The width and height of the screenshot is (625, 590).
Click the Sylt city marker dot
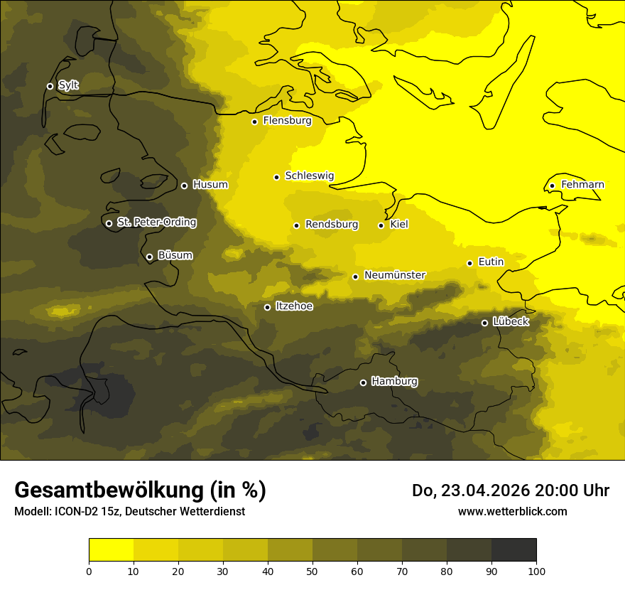(x=50, y=86)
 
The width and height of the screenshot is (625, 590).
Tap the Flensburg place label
(x=287, y=121)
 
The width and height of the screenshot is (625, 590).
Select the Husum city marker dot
(x=184, y=186)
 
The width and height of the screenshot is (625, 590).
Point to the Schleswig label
(x=309, y=176)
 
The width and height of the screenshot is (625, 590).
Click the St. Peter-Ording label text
(x=156, y=222)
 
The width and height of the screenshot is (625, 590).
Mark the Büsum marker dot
(x=149, y=257)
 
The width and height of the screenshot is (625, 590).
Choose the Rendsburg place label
(x=331, y=225)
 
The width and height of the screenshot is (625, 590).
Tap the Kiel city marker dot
(x=381, y=225)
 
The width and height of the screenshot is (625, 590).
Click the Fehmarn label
(x=582, y=185)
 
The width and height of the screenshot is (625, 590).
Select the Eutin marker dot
(x=469, y=263)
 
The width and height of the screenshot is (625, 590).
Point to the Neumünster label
(x=394, y=275)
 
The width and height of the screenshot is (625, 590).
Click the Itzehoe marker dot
(x=267, y=307)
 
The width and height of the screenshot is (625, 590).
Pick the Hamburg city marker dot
(x=363, y=382)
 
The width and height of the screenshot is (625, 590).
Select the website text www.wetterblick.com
(x=512, y=511)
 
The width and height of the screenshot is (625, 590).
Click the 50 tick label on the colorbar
(x=312, y=571)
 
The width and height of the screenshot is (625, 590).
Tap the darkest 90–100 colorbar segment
(x=513, y=550)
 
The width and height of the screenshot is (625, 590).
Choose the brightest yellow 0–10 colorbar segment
(x=111, y=550)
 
